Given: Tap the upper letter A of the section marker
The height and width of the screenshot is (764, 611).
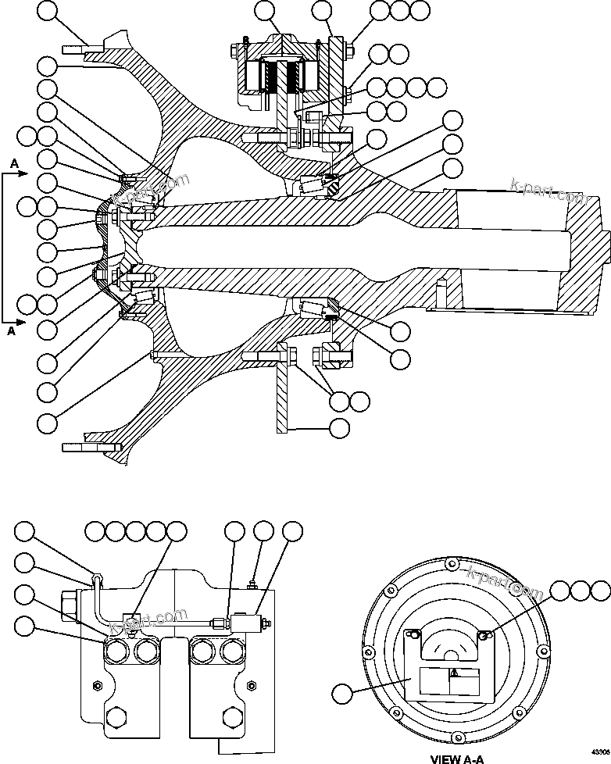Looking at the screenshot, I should coord(15,162).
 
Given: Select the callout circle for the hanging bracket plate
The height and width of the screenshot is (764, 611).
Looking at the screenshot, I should coord(340,428).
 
